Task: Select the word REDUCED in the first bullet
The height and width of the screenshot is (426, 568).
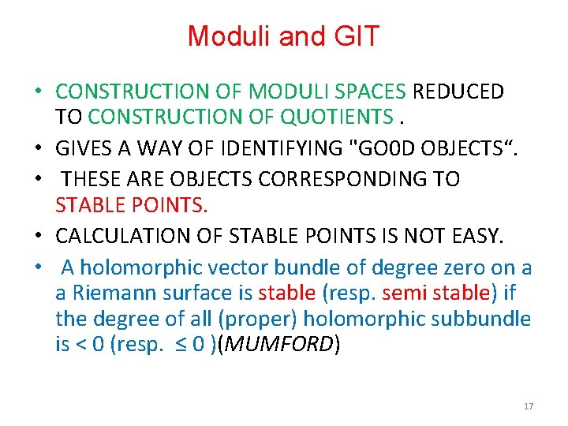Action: [458, 92]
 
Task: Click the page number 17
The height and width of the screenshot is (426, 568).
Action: [529, 406]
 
